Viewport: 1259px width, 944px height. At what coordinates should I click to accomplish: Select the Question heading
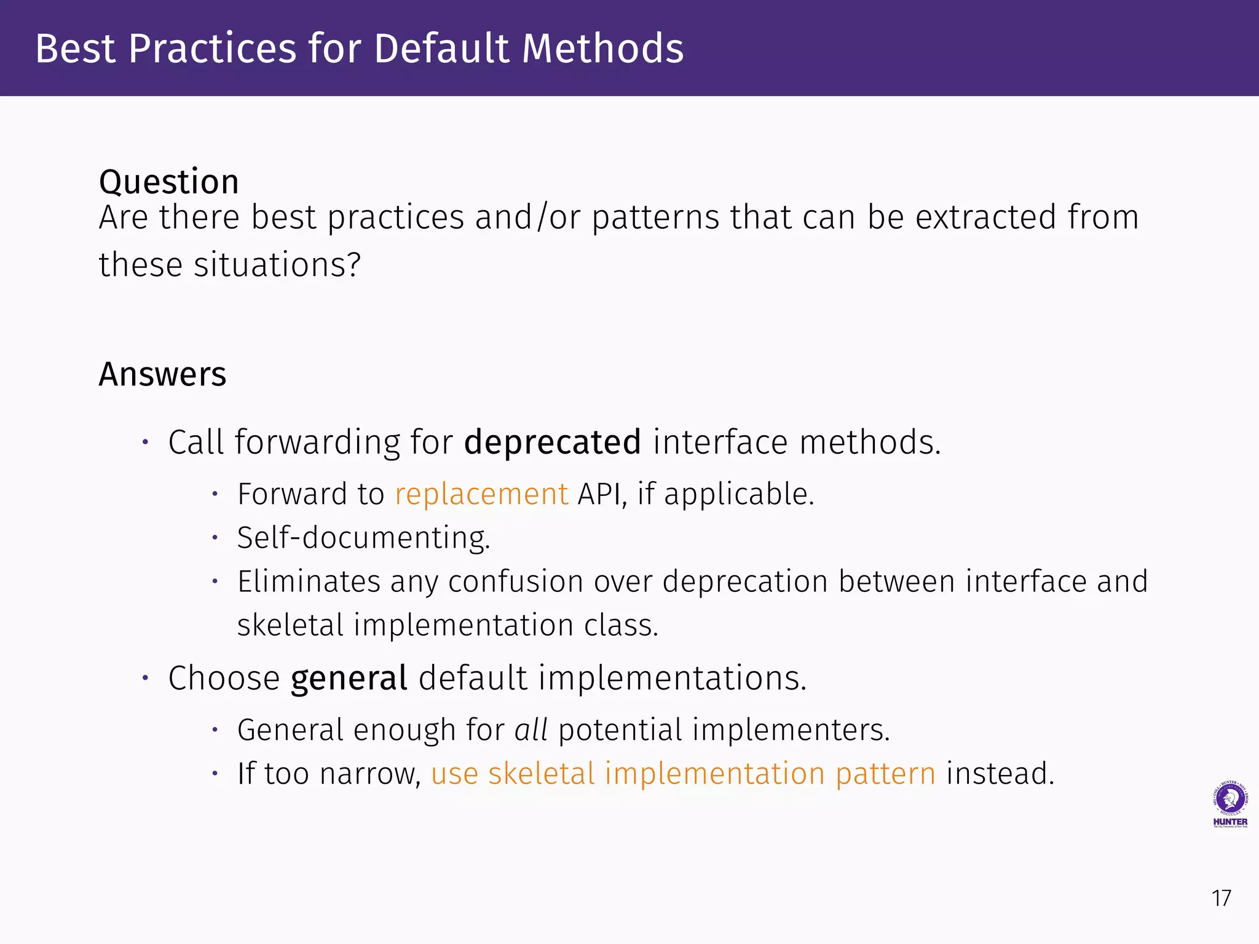(x=168, y=182)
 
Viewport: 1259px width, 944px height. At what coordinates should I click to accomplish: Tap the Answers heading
(x=162, y=374)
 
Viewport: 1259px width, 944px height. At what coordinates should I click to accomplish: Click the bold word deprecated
(x=552, y=442)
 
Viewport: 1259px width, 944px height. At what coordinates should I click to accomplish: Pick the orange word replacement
(x=481, y=494)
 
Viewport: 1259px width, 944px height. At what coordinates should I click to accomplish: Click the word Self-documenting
(x=363, y=538)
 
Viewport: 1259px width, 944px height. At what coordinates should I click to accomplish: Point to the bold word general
(x=349, y=678)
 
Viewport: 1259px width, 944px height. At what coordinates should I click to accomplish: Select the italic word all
(x=531, y=730)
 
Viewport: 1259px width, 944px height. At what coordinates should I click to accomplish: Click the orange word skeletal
(x=541, y=774)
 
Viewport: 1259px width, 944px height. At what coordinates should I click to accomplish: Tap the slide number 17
(x=1221, y=899)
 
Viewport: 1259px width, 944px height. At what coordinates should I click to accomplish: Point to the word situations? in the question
(x=277, y=265)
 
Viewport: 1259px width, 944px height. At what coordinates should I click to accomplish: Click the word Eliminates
(x=309, y=581)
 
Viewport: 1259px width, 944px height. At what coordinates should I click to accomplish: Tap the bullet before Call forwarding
(x=146, y=442)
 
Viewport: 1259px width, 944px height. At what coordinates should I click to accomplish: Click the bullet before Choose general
(x=146, y=678)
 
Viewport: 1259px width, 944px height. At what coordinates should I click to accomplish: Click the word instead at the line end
(x=999, y=774)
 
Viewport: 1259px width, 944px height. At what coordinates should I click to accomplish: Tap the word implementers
(x=791, y=730)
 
